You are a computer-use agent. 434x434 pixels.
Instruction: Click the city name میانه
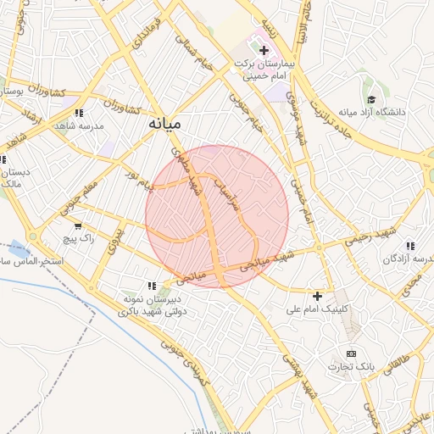pos(165,124)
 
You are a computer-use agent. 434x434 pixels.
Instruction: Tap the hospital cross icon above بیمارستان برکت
pos(264,51)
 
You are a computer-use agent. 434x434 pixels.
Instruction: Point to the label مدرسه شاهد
pos(78,125)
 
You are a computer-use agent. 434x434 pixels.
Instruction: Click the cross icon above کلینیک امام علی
pos(317,296)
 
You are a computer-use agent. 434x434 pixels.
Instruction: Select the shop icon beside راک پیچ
pos(79,226)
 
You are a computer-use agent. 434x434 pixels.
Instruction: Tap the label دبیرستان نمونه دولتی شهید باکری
pos(154,305)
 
